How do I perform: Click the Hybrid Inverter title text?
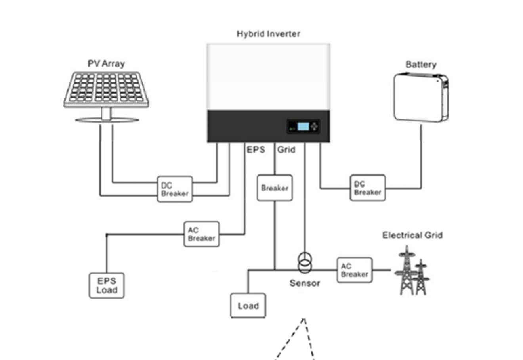click(268, 34)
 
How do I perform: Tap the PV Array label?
click(106, 64)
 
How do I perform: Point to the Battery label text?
click(421, 65)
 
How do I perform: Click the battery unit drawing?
click(420, 97)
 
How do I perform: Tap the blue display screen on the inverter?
click(303, 126)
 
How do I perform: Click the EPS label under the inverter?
click(256, 150)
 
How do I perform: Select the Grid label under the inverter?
click(286, 150)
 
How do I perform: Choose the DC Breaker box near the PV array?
click(175, 189)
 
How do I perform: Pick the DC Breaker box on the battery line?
click(368, 188)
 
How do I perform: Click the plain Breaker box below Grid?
click(275, 188)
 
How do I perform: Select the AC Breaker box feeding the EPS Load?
click(201, 234)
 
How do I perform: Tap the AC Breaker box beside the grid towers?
click(355, 270)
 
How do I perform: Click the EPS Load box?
click(107, 285)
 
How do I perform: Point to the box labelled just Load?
click(248, 306)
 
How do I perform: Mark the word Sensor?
click(305, 283)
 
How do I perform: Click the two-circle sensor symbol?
click(305, 263)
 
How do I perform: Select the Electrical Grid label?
click(412, 235)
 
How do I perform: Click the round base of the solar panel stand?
click(107, 120)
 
